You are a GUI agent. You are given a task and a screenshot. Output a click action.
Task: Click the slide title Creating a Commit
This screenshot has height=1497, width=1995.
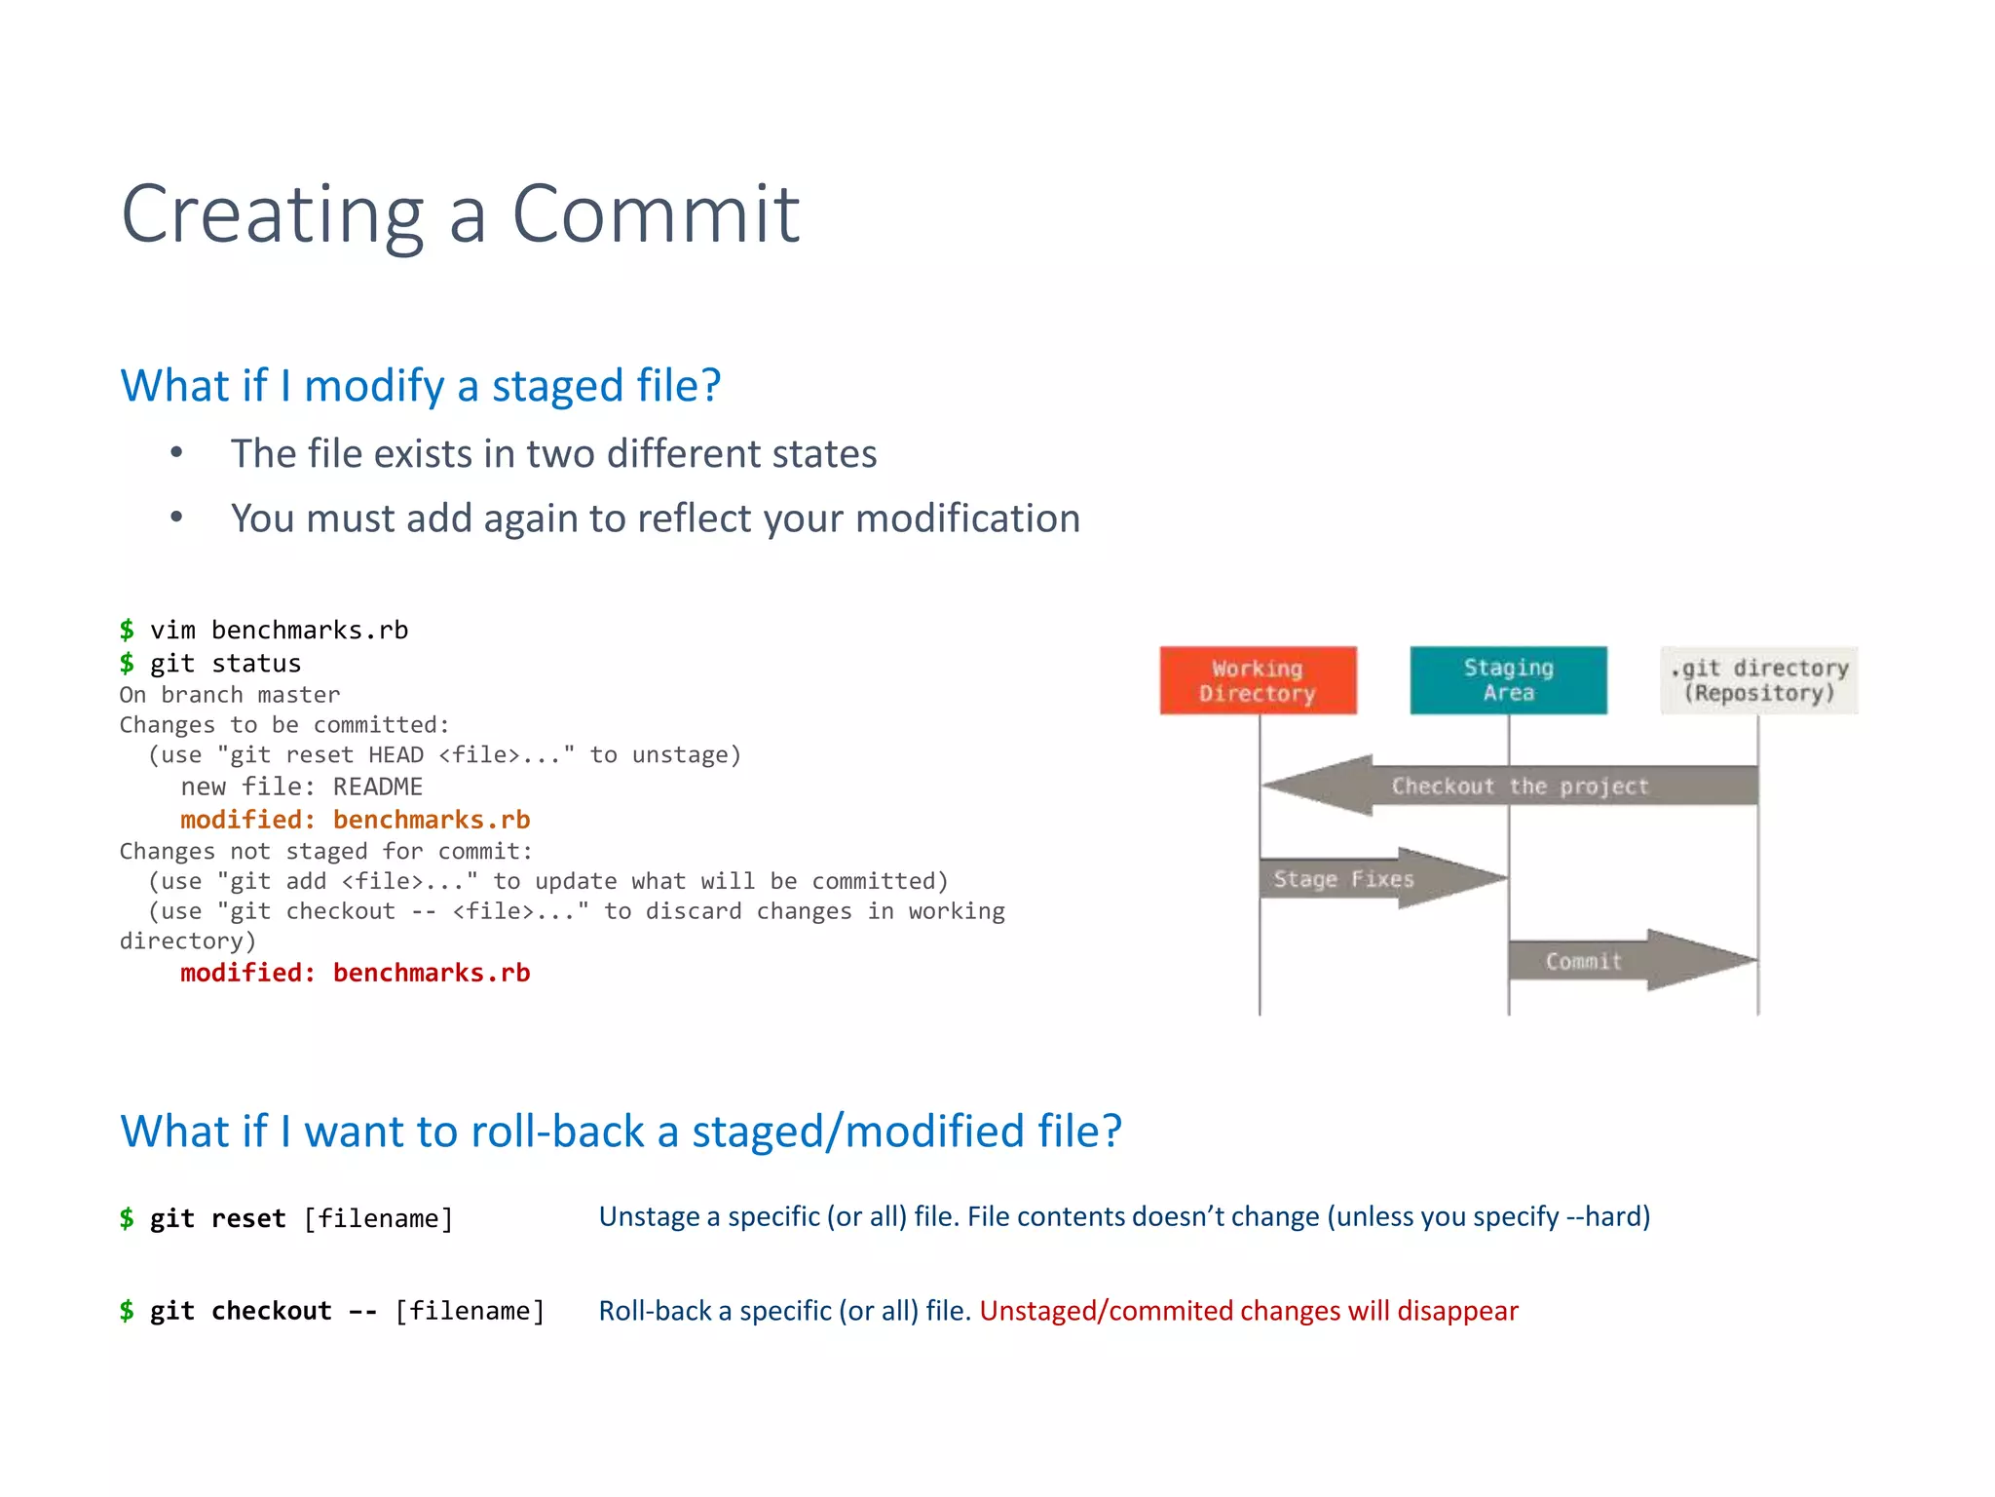460,214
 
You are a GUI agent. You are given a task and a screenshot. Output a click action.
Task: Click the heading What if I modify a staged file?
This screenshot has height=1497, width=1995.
420,386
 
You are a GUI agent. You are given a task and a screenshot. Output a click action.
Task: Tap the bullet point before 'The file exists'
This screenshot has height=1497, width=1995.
176,453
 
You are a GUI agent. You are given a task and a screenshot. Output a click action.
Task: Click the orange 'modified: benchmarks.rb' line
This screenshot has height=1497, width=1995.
355,820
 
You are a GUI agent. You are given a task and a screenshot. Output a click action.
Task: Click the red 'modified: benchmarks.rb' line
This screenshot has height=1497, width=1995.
355,973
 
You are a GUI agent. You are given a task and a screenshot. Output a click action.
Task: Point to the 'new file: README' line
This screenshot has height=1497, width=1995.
301,787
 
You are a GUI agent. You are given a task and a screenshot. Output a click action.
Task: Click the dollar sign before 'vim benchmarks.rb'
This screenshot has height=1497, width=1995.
127,631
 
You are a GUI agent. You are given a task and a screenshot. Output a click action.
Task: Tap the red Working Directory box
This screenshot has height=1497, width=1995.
1258,680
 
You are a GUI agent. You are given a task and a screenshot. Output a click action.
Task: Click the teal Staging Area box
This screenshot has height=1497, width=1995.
1508,680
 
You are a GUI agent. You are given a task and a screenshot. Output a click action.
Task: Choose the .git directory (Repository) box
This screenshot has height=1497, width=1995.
1759,680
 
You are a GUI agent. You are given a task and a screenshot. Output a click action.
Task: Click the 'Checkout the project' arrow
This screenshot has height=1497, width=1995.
1519,787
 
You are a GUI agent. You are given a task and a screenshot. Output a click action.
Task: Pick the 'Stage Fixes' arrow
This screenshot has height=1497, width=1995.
1364,879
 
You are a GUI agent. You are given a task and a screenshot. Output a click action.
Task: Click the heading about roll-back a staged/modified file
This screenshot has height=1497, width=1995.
621,1132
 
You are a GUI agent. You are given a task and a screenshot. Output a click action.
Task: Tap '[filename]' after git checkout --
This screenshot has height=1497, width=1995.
470,1311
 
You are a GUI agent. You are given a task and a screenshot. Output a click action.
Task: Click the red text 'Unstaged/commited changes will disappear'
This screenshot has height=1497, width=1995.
1248,1311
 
